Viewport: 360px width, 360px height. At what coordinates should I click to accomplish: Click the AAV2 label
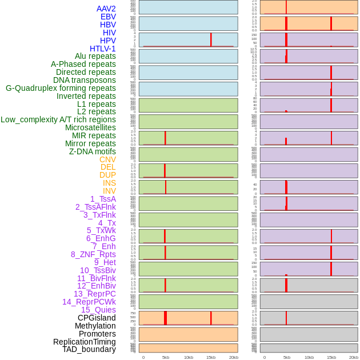click(x=106, y=9)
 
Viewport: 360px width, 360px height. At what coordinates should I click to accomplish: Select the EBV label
click(x=108, y=17)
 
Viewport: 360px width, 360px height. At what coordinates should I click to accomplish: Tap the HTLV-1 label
click(x=103, y=49)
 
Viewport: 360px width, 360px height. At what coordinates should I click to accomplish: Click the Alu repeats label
click(x=95, y=56)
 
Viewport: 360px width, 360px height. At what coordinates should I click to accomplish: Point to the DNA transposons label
click(x=85, y=80)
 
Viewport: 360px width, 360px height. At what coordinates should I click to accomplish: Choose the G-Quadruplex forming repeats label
click(x=61, y=88)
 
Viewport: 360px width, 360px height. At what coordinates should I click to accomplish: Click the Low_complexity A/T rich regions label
click(x=58, y=119)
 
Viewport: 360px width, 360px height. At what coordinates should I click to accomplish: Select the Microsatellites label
click(x=90, y=127)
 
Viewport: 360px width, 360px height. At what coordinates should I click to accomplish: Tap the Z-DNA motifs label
click(x=93, y=151)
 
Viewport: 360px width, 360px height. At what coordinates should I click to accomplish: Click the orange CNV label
click(x=107, y=159)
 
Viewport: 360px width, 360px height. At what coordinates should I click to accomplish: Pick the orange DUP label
click(x=107, y=175)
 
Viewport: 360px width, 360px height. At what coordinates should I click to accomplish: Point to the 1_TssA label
click(x=103, y=199)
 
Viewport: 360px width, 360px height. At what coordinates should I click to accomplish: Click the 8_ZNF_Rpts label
click(x=93, y=254)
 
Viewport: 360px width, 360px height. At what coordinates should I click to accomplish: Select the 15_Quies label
click(x=98, y=310)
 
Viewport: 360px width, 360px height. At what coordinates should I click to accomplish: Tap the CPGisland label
click(x=97, y=318)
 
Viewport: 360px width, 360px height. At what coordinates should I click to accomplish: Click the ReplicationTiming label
click(x=85, y=342)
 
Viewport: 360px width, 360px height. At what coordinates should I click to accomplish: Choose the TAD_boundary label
click(x=89, y=349)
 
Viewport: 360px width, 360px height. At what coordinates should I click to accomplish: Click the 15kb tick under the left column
click(x=211, y=357)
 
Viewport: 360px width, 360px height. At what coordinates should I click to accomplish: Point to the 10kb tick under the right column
click(x=309, y=357)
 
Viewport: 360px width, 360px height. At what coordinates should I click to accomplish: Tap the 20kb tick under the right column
click(x=354, y=357)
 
